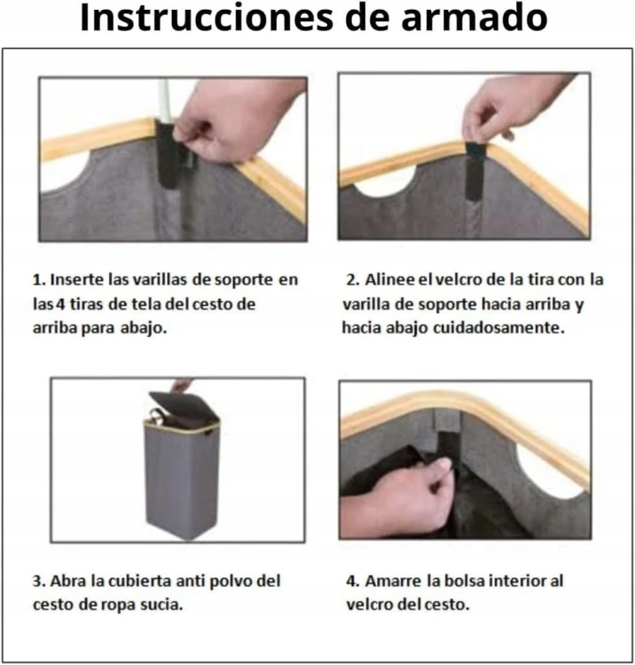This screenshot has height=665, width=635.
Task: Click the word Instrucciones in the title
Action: pos(204,18)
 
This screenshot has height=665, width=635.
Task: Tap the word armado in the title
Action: pos(478,18)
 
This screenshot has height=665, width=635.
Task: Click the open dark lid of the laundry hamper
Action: pos(182,407)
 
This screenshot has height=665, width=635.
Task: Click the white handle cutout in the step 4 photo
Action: pos(550,462)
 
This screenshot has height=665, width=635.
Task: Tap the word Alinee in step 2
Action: pos(388,279)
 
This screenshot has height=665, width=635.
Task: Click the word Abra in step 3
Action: pos(69,582)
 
